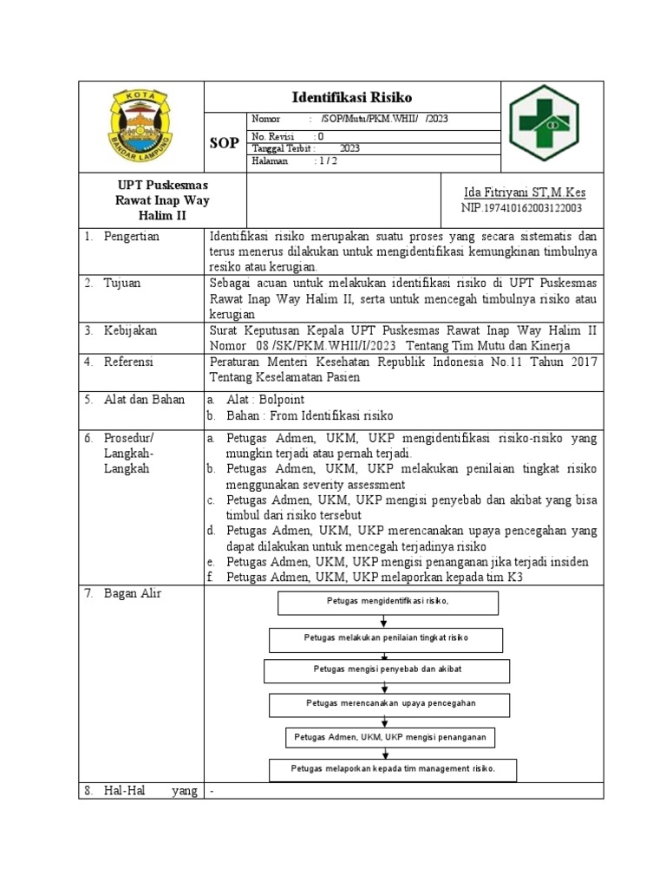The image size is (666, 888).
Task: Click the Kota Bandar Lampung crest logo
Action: coord(140,127)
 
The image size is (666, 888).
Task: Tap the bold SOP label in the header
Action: coord(225,143)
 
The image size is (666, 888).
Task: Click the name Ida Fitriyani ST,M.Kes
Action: coord(526,191)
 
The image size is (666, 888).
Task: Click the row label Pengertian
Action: coord(131,237)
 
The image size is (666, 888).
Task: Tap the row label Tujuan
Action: coord(122,283)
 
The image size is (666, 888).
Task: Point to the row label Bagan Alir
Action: coord(132,593)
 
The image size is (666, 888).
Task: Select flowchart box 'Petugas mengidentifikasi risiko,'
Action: coord(388,603)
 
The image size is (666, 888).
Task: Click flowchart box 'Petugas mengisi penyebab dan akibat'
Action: coord(387,671)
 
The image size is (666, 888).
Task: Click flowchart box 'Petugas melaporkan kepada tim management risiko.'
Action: coord(393,770)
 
